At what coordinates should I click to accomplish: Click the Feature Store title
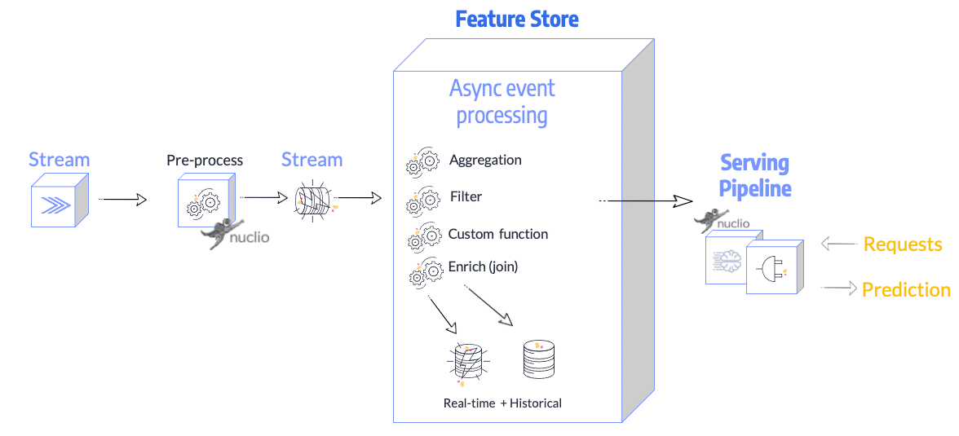(x=517, y=19)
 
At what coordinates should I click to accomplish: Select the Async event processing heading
(x=502, y=101)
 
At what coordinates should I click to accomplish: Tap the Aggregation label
(x=485, y=160)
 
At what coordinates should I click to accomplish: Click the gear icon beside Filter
(x=422, y=200)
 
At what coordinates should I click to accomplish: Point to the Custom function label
(x=497, y=234)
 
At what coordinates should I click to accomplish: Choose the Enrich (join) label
(x=483, y=266)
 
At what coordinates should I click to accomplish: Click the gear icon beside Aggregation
(x=422, y=164)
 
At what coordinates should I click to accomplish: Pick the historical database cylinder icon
(x=538, y=359)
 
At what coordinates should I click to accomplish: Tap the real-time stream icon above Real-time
(x=468, y=360)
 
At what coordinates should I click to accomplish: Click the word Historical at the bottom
(x=536, y=403)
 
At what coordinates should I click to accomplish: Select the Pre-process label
(x=205, y=160)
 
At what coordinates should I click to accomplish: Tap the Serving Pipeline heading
(x=754, y=175)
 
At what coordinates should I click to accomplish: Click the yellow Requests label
(x=903, y=244)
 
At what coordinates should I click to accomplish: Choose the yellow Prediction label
(x=906, y=289)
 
